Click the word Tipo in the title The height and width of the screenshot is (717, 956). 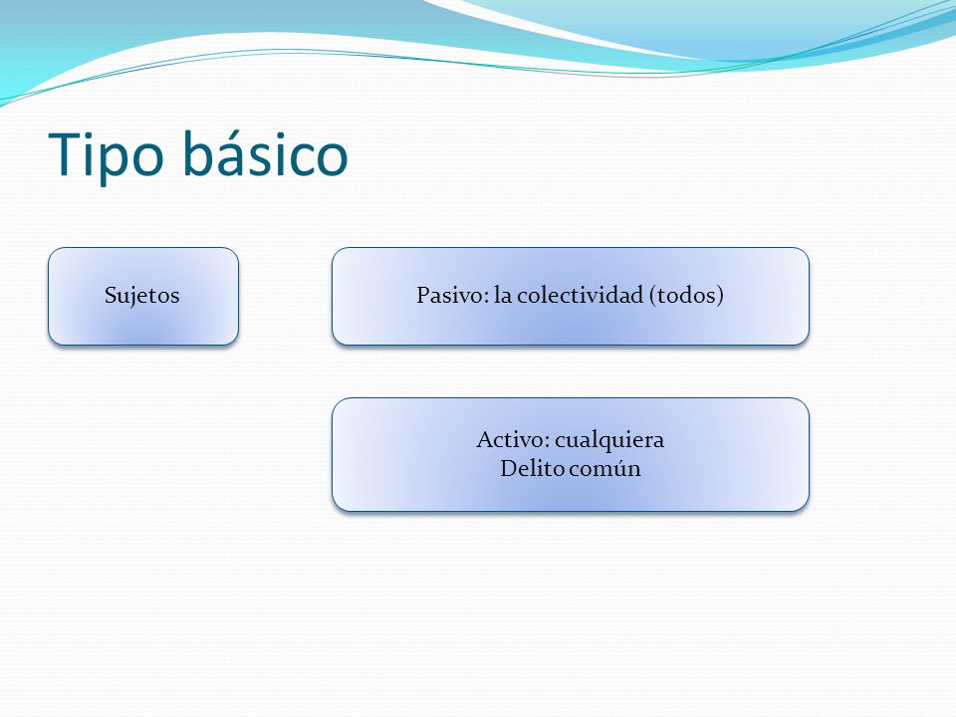click(107, 155)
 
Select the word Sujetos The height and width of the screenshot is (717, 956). click(142, 296)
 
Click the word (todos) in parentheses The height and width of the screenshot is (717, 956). click(686, 296)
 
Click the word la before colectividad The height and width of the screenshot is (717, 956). click(502, 295)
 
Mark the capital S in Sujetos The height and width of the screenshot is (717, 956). click(111, 295)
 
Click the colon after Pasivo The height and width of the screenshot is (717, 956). click(487, 299)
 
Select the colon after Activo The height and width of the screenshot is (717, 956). click(547, 443)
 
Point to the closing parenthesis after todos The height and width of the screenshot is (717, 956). click(720, 296)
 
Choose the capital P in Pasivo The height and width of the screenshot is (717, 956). click(424, 295)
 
